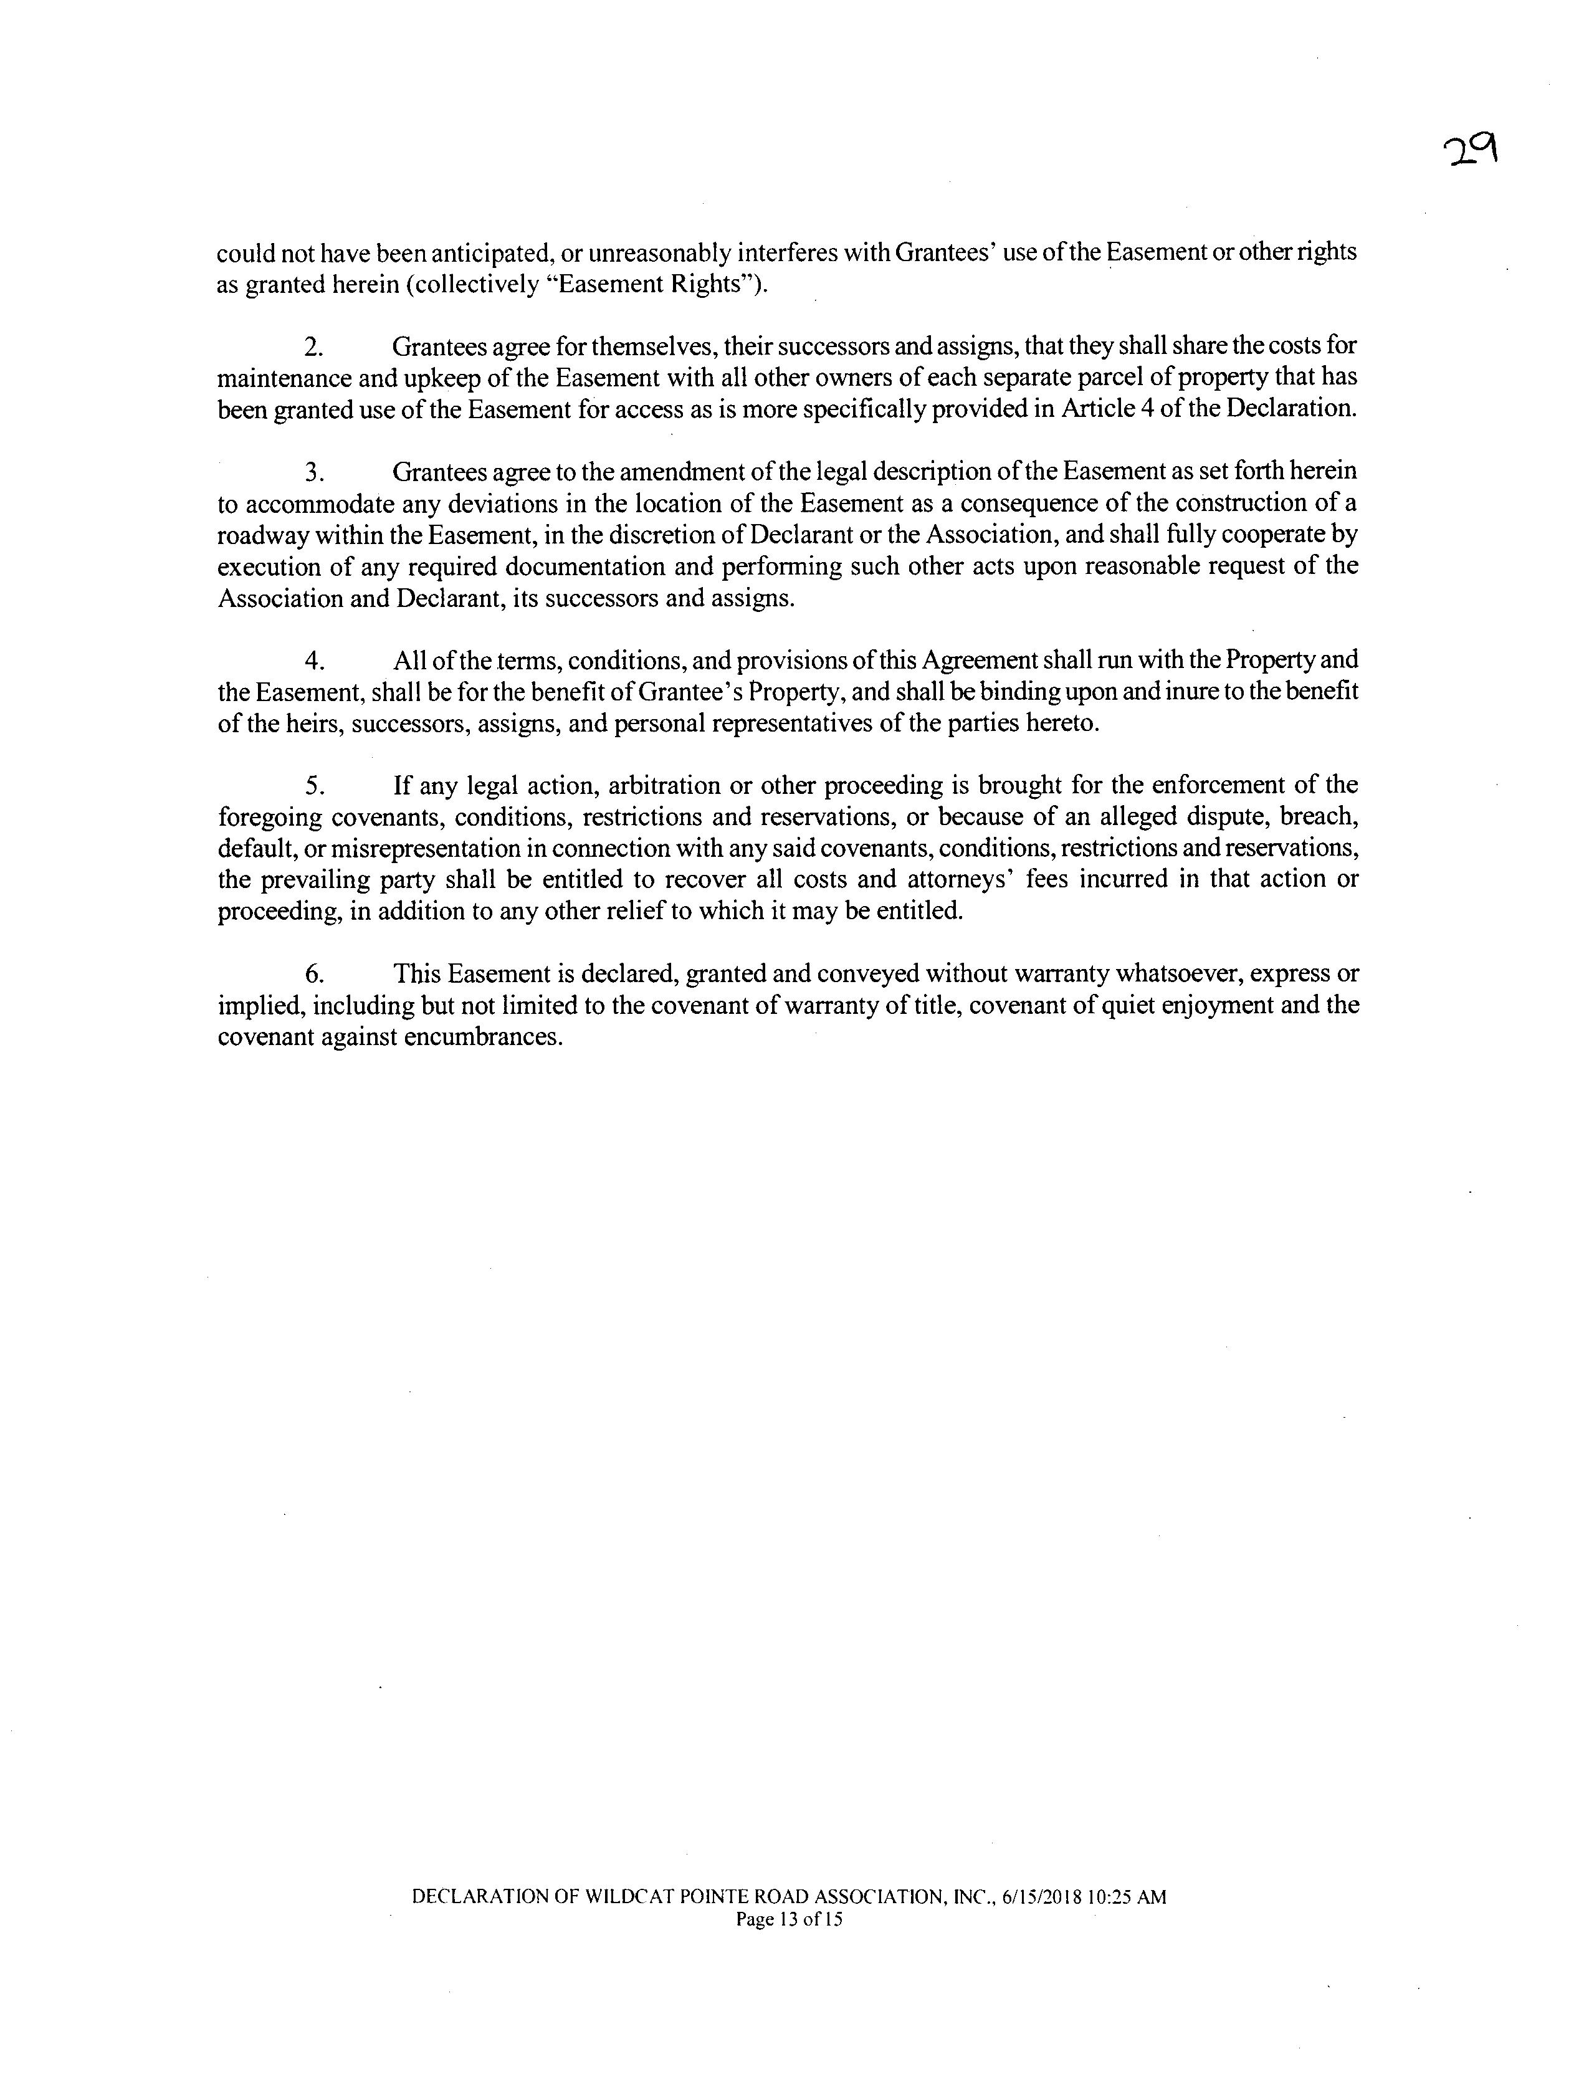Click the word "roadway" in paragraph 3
pyautogui.click(x=257, y=535)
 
